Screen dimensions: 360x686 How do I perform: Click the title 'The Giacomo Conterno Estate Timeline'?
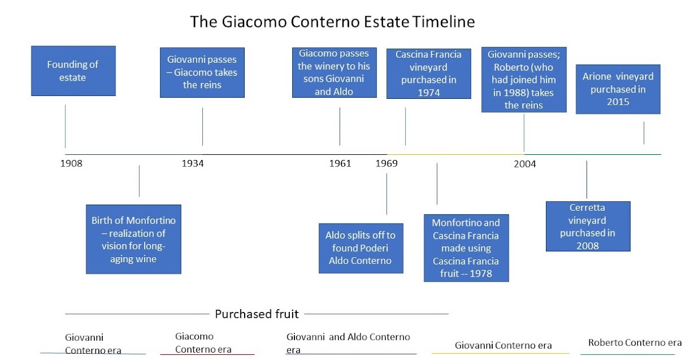point(332,22)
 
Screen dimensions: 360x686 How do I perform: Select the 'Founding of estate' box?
point(73,71)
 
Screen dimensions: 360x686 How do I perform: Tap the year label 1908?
point(71,164)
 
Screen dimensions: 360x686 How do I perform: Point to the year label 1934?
point(193,164)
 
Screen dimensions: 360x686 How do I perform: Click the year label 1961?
point(340,164)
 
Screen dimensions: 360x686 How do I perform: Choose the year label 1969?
point(386,164)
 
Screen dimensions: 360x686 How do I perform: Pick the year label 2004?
point(525,165)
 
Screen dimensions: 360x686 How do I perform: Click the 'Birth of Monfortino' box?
point(133,239)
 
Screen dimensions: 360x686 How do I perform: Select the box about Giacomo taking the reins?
point(202,72)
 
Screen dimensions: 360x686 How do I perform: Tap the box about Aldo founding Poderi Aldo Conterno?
point(360,248)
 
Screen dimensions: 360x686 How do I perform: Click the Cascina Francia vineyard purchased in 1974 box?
point(429,74)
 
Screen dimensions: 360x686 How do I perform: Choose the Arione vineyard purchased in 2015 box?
point(618,89)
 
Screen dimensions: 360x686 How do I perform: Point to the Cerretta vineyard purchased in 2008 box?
point(588,226)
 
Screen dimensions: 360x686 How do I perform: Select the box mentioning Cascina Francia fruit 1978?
point(466,248)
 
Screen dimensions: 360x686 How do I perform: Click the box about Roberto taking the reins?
point(524,79)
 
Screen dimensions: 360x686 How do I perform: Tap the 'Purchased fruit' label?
point(257,314)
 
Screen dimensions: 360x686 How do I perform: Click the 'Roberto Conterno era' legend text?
point(635,343)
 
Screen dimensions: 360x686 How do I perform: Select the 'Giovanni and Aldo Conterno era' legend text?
point(348,343)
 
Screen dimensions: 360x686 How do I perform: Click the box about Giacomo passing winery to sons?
point(334,72)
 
